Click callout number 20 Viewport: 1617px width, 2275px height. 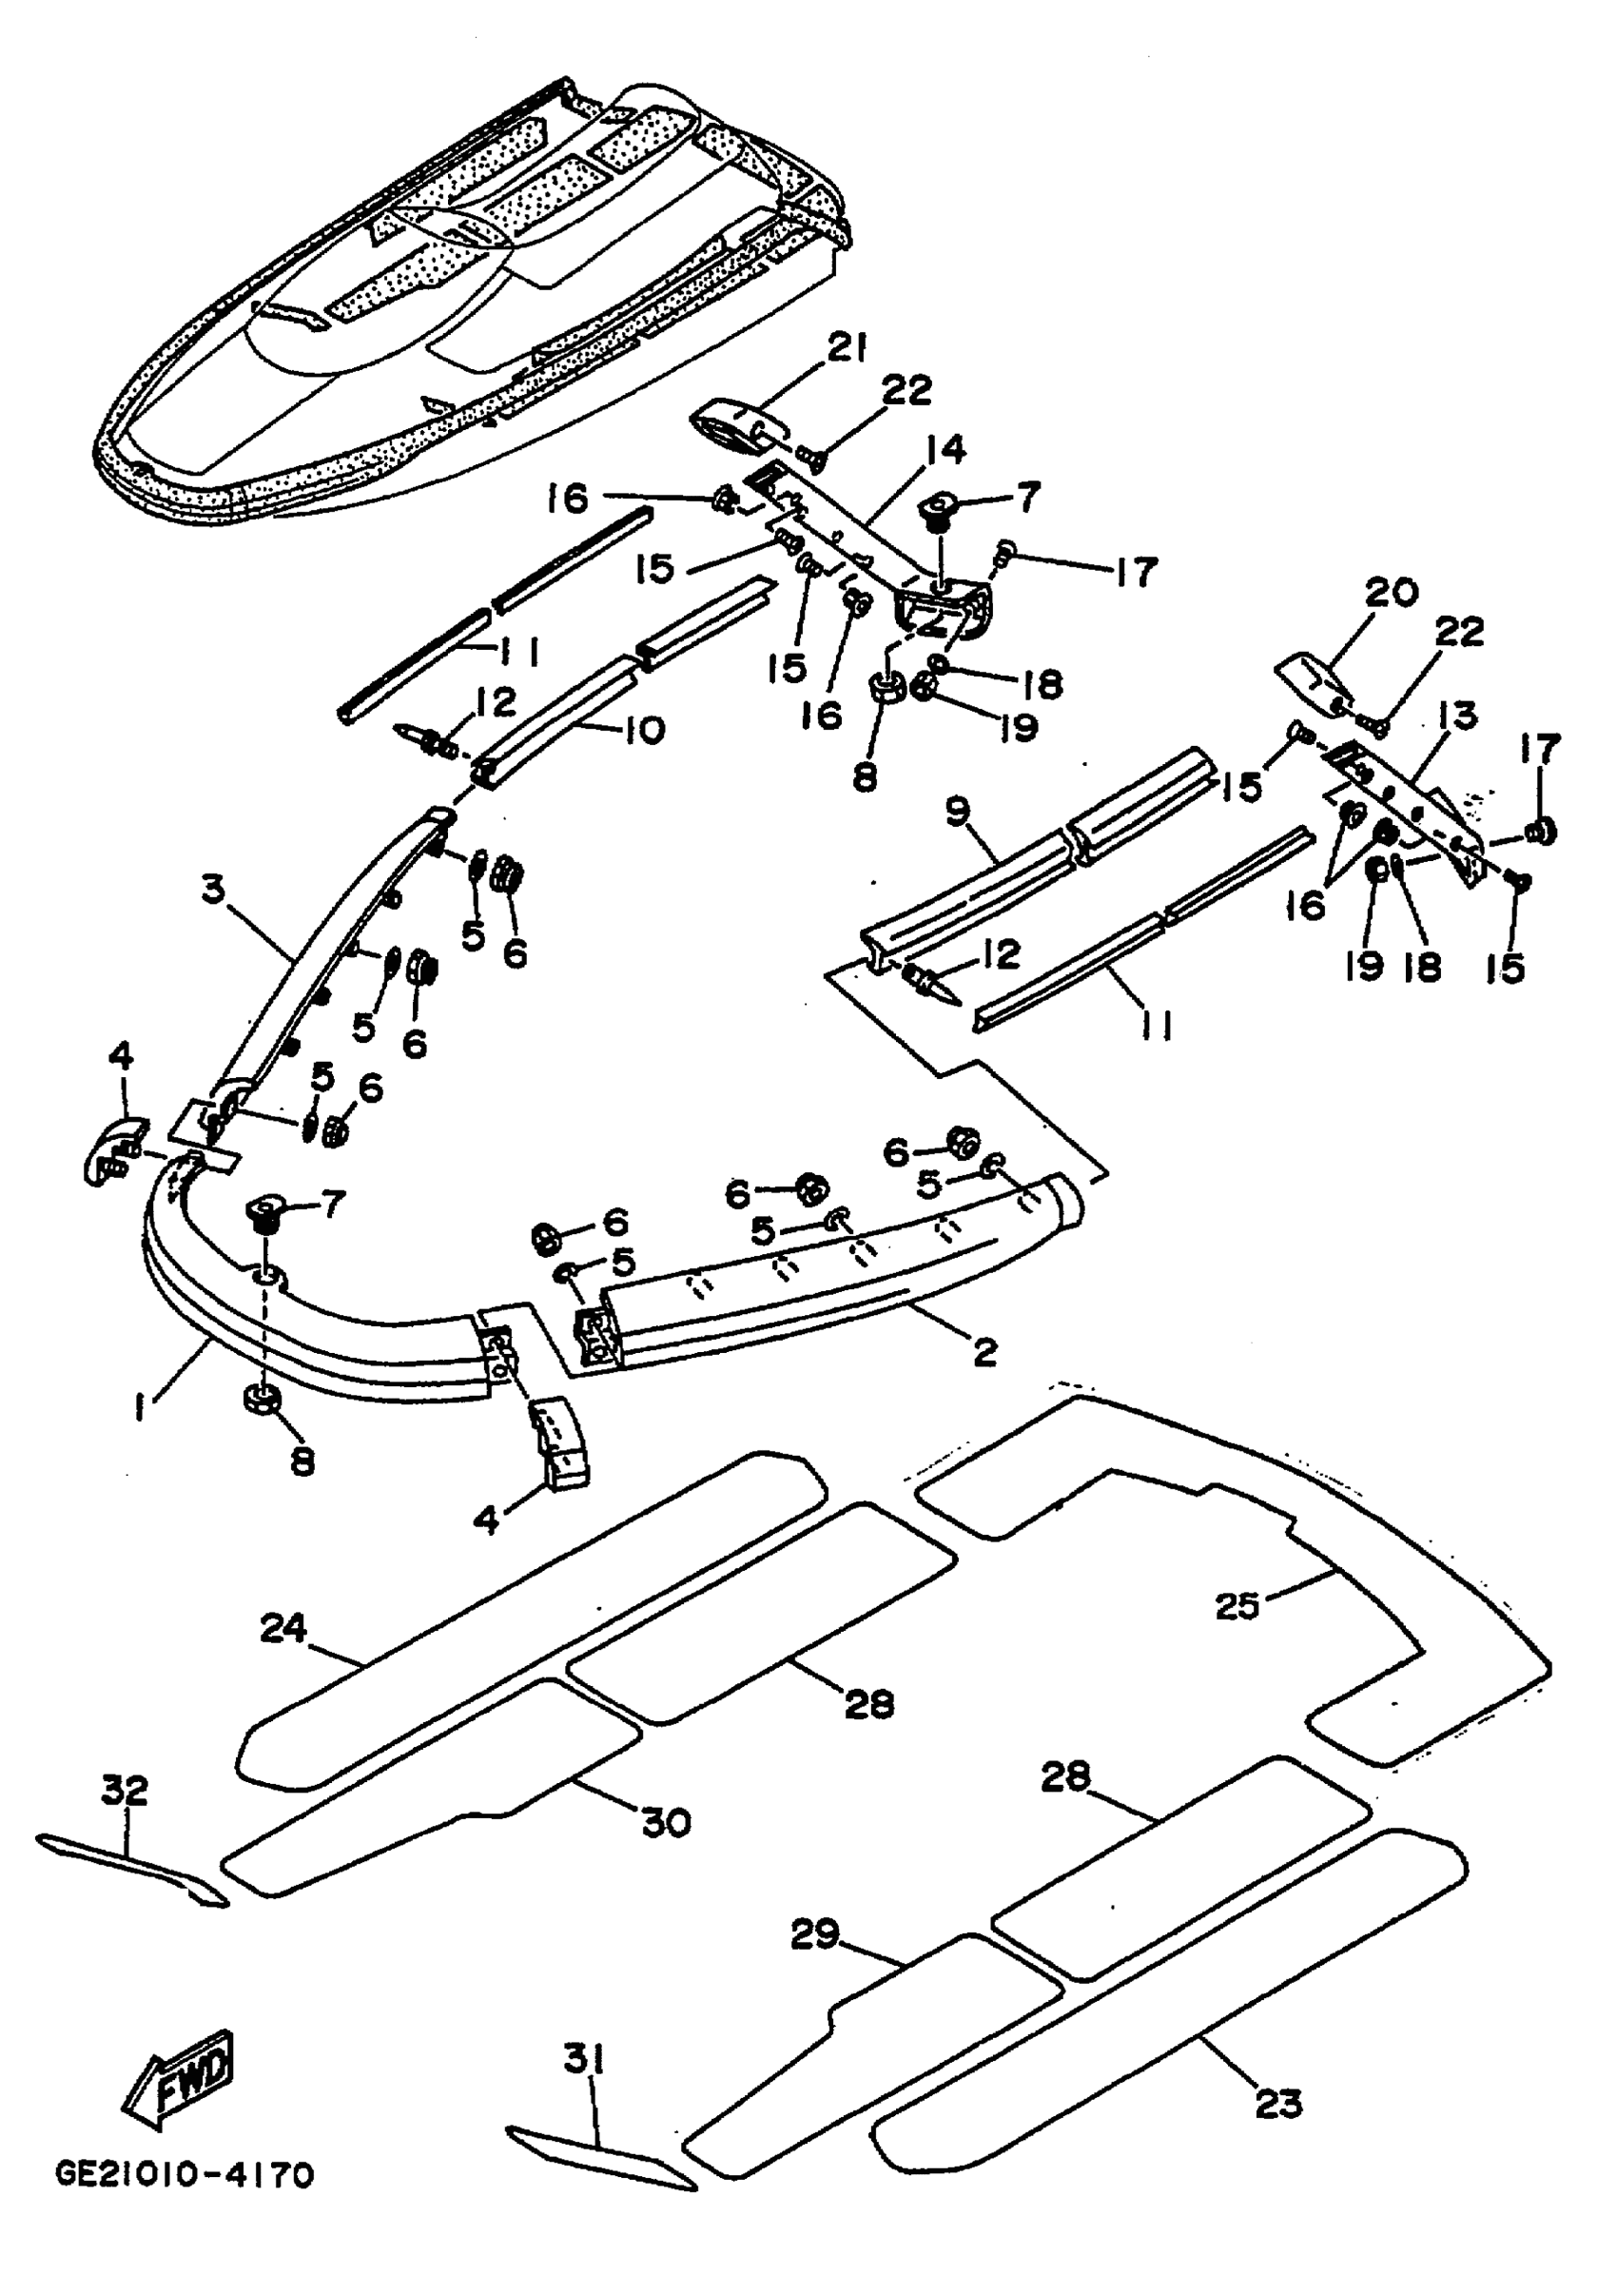pyautogui.click(x=1391, y=593)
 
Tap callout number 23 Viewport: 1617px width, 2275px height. pyautogui.click(x=1279, y=2104)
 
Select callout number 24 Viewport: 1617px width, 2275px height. pyautogui.click(x=284, y=1630)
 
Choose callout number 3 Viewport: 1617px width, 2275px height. pyautogui.click(x=213, y=890)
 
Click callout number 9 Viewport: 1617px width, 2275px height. pyautogui.click(x=957, y=814)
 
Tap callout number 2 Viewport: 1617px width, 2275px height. pyautogui.click(x=984, y=1352)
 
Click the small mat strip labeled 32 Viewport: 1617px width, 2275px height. pyautogui.click(x=131, y=1871)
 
